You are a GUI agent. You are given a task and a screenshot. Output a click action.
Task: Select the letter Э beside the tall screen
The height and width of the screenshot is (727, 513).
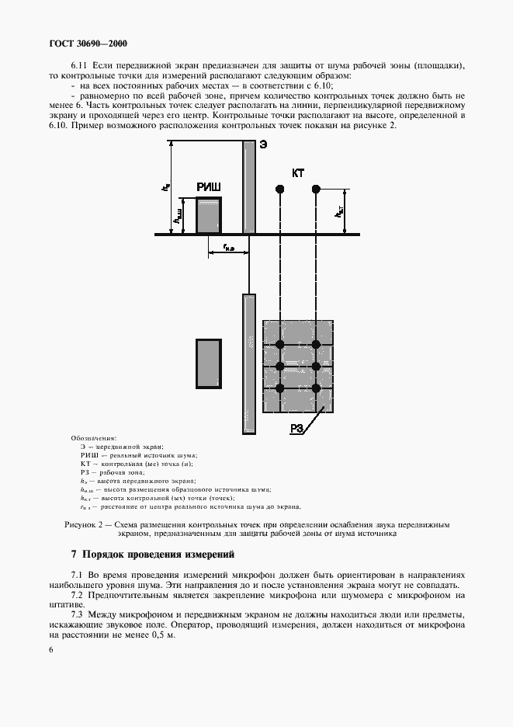pyautogui.click(x=263, y=144)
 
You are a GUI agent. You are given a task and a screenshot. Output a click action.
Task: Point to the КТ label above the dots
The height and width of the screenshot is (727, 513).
pyautogui.click(x=298, y=173)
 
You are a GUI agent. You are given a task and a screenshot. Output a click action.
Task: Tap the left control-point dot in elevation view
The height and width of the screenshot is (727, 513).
pyautogui.click(x=279, y=189)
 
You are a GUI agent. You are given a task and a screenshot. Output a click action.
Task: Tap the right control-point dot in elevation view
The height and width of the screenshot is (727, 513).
pyautogui.click(x=316, y=189)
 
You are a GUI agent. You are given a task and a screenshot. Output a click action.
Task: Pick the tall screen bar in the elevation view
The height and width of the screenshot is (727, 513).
pyautogui.click(x=249, y=186)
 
